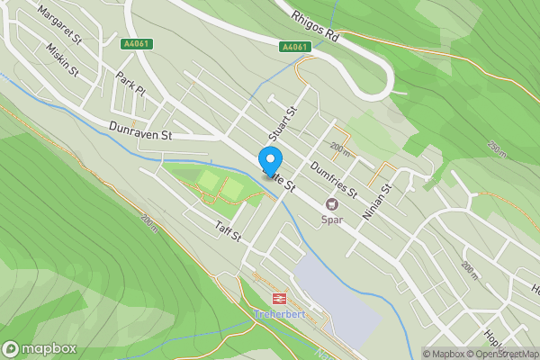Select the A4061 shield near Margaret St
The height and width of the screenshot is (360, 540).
click(x=136, y=43)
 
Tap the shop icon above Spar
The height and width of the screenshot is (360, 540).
click(x=331, y=205)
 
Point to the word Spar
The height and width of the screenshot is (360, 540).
click(x=331, y=220)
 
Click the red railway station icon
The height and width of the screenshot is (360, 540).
click(x=279, y=298)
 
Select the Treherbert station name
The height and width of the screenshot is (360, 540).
click(x=279, y=313)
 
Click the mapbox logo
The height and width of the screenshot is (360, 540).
click(x=40, y=348)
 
